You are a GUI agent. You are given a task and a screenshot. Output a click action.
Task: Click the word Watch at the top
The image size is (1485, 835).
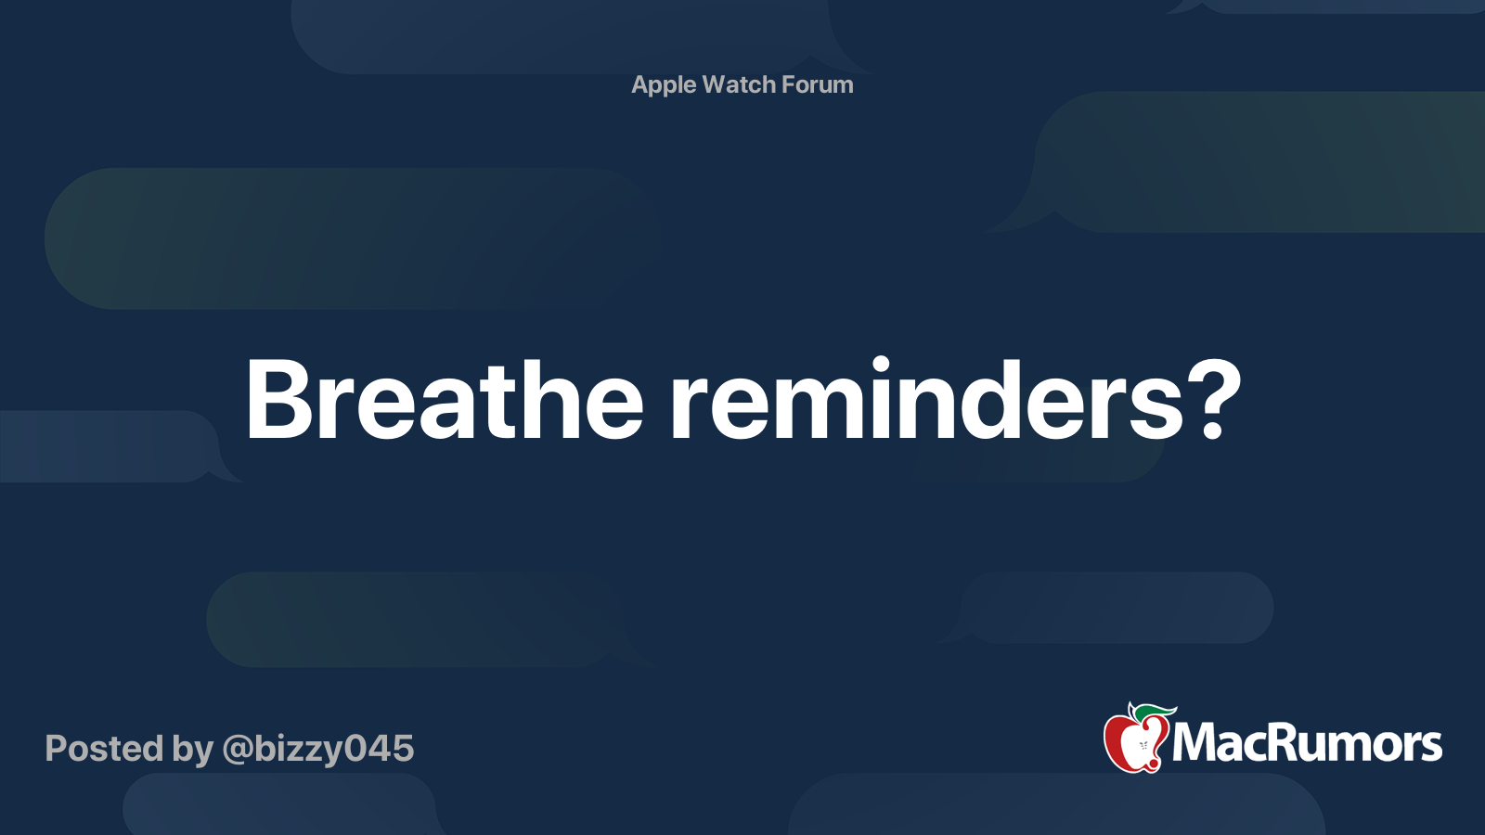click(x=739, y=84)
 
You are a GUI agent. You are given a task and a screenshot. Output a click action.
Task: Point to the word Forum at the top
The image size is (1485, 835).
click(x=818, y=84)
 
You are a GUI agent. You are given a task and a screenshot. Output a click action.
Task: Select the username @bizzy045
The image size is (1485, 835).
click(x=317, y=749)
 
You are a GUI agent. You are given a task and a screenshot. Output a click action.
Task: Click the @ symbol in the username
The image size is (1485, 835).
click(x=237, y=750)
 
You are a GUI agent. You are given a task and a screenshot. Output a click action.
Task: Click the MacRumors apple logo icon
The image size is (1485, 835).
click(x=1135, y=739)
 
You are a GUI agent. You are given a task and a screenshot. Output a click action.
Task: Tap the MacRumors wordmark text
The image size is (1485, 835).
click(x=1307, y=743)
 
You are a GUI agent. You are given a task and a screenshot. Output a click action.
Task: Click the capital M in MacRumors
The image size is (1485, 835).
click(x=1194, y=743)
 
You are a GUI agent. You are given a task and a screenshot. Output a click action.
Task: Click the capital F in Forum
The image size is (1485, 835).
click(x=788, y=84)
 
